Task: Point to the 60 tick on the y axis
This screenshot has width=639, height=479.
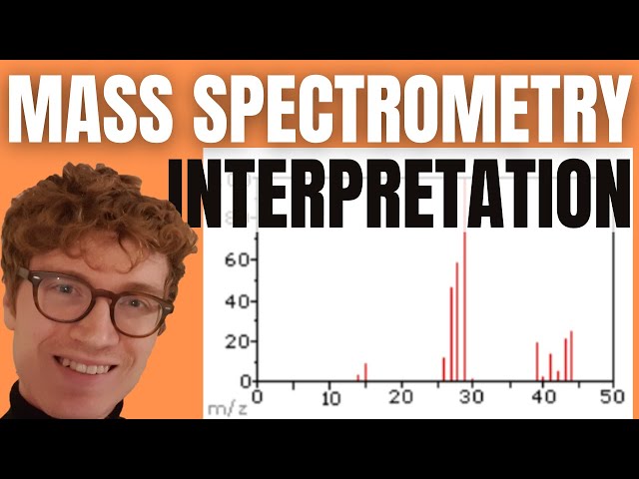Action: (x=237, y=259)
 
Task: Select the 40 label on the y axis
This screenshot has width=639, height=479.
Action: (x=237, y=300)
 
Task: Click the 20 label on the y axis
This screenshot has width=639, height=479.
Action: (x=237, y=341)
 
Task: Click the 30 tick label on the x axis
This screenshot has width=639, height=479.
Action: (x=470, y=396)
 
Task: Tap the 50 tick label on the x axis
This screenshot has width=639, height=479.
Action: (x=612, y=396)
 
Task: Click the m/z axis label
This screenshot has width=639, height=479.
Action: (x=224, y=407)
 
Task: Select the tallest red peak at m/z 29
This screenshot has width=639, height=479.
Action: (x=464, y=299)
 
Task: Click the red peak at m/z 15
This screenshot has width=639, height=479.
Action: (x=365, y=372)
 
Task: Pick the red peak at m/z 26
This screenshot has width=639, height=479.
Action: (x=443, y=369)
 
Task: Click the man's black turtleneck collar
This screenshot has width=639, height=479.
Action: (x=60, y=419)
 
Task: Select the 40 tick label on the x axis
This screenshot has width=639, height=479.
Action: (x=541, y=396)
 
